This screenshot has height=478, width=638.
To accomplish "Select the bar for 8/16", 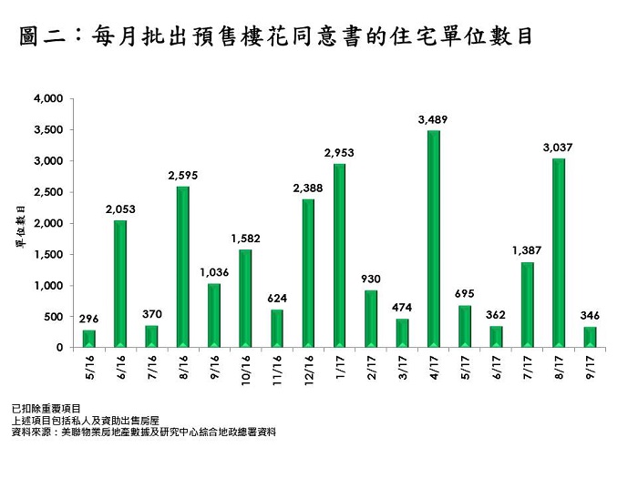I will (x=183, y=267).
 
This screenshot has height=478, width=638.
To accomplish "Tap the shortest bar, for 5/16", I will (x=89, y=338).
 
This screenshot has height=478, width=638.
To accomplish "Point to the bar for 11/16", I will (x=277, y=328).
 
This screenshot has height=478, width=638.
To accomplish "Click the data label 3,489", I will (x=434, y=119).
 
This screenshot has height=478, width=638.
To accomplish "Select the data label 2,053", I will (x=120, y=208).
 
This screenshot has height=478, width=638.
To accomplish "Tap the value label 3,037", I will (x=559, y=147).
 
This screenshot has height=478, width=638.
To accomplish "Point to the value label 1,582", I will (x=246, y=238).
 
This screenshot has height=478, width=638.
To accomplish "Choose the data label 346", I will (x=591, y=315).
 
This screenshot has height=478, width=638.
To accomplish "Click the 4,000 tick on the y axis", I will (x=48, y=98).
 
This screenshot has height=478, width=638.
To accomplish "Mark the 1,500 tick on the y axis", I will (x=48, y=254).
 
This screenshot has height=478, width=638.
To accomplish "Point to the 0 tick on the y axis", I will (x=59, y=348).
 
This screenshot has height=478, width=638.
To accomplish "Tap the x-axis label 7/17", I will (x=528, y=369).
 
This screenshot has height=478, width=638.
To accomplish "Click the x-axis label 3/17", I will (x=403, y=369).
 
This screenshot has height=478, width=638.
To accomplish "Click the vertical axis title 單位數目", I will (x=20, y=224).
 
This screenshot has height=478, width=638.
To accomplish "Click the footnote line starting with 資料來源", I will (x=142, y=432).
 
